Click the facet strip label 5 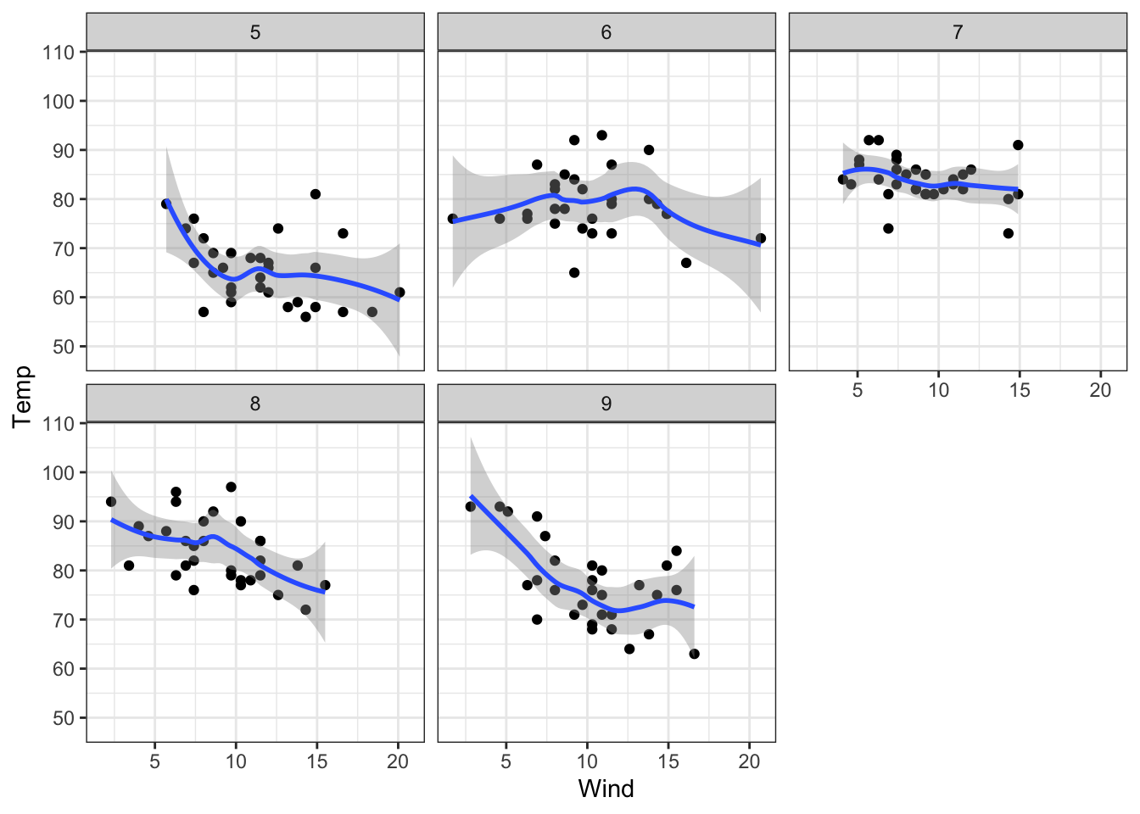pos(255,32)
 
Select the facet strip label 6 pos(606,32)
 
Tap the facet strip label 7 pos(958,32)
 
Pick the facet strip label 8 pos(255,404)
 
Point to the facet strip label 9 pos(606,404)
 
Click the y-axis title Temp pos(22,397)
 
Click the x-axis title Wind pos(606,789)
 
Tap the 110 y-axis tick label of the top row pos(59,53)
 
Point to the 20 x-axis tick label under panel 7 pos(1100,390)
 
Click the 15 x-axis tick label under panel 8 pos(316,761)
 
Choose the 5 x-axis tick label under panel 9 pos(506,761)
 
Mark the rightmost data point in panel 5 pos(400,293)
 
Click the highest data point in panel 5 pos(316,194)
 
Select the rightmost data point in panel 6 pos(761,238)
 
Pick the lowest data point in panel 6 pos(574,273)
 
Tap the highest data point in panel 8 pos(231,487)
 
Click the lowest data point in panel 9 pos(695,654)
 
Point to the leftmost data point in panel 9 pos(471,506)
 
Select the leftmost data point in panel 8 pos(111,502)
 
